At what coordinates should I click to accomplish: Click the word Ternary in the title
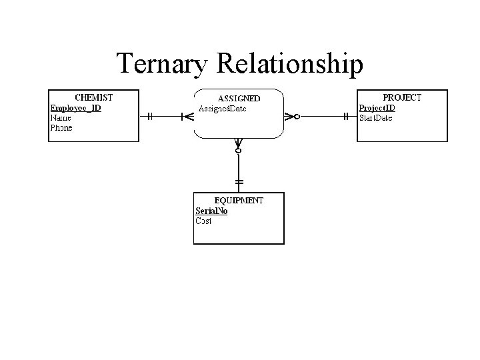[x=163, y=64]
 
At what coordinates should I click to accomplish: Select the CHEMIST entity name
[x=93, y=97]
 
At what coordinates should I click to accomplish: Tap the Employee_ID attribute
[x=75, y=107]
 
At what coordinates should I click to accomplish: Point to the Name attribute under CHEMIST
[x=61, y=117]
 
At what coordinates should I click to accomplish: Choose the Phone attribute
[x=62, y=127]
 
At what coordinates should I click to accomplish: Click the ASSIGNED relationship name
[x=239, y=98]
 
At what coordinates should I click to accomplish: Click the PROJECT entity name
[x=402, y=97]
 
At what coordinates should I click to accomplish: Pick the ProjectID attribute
[x=377, y=108]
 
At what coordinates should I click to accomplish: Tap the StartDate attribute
[x=376, y=118]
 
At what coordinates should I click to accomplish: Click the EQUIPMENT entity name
[x=239, y=200]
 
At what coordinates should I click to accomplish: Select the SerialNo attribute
[x=211, y=211]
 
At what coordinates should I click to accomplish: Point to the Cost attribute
[x=204, y=221]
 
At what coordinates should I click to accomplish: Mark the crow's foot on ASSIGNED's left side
[x=187, y=116]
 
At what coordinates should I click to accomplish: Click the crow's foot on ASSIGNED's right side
[x=289, y=116]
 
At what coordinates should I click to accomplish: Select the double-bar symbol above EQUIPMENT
[x=239, y=181]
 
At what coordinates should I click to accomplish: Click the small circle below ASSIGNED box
[x=239, y=151]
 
